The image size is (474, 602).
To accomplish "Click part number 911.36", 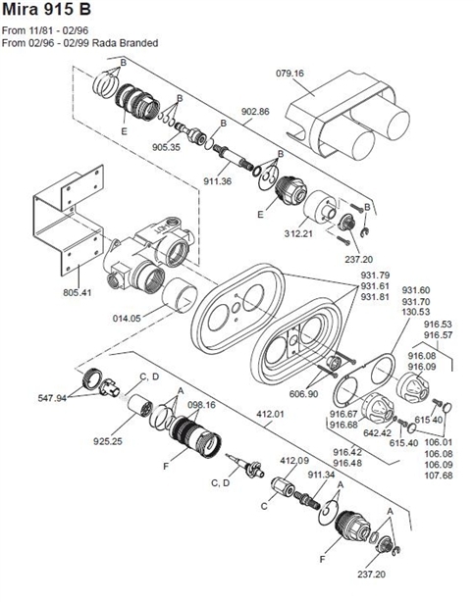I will coord(217,181).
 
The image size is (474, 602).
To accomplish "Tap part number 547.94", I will coord(53,399).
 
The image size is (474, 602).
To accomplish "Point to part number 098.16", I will coord(201,404).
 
